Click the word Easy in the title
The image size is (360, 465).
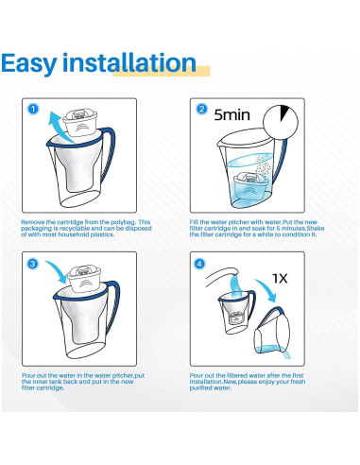point(29,64)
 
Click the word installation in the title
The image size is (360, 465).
point(129,62)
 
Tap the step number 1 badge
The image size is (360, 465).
point(33,110)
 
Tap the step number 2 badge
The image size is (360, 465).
point(201,110)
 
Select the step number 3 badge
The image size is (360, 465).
point(32,264)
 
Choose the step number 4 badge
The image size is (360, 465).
point(199,264)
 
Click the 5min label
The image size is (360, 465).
point(232,115)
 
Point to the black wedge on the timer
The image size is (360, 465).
point(284,112)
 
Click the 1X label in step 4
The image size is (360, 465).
point(280,279)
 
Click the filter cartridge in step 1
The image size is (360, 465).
point(81,122)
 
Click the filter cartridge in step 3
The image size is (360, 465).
point(84,279)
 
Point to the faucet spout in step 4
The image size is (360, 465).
point(222,275)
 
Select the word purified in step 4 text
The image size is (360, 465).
point(200,388)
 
